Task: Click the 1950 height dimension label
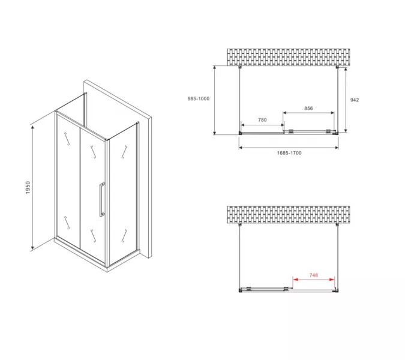click(28, 187)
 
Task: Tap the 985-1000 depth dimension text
click(199, 98)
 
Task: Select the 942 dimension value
click(355, 100)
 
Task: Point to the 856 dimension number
click(308, 108)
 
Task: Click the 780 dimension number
click(262, 120)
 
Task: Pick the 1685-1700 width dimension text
click(289, 153)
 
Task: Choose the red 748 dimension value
click(314, 275)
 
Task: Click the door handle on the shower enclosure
click(102, 199)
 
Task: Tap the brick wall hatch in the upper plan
click(288, 57)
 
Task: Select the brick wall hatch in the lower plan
click(288, 215)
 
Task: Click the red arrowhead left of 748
click(295, 280)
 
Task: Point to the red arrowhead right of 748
click(332, 280)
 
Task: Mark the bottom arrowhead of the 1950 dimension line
click(32, 248)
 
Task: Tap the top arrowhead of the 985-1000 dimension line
click(214, 68)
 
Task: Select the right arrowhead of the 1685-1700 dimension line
click(336, 148)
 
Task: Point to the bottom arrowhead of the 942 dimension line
click(346, 130)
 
